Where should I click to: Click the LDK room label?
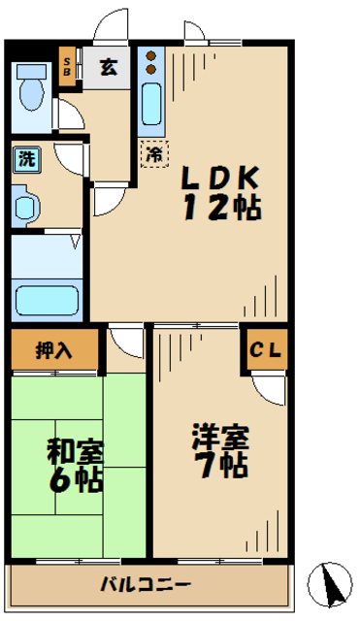(220, 179)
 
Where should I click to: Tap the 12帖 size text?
(220, 207)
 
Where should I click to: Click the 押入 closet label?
(54, 350)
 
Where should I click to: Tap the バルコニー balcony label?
(146, 585)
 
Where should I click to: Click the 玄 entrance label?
(109, 68)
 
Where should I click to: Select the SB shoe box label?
(66, 67)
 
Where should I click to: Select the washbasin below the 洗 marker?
(26, 205)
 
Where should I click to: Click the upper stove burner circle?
(151, 56)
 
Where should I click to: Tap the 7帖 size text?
(217, 464)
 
